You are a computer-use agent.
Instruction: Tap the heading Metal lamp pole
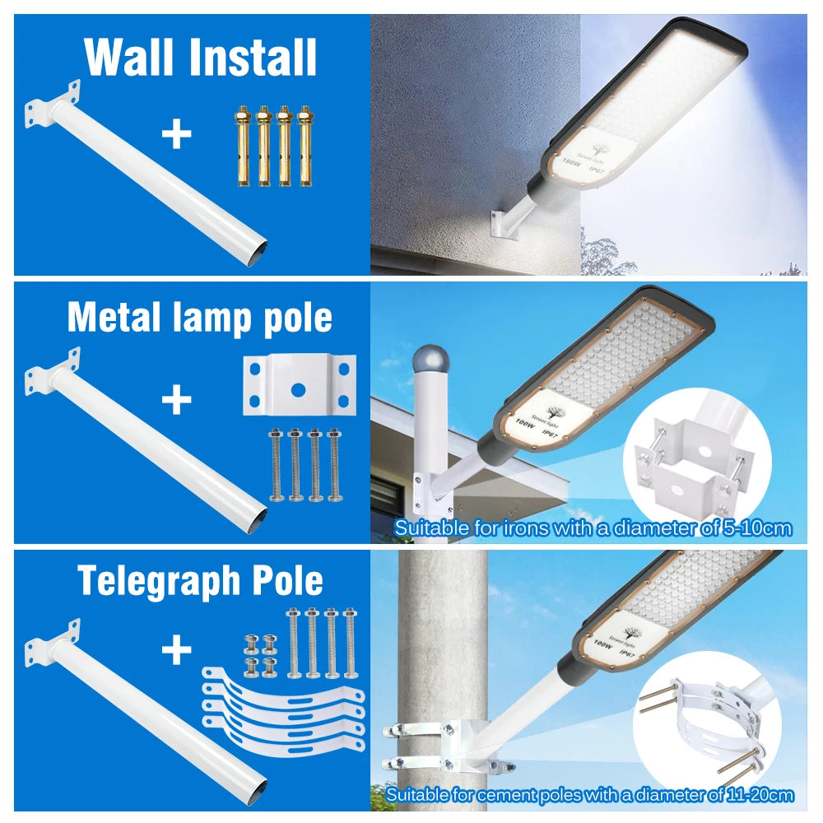pyautogui.click(x=200, y=318)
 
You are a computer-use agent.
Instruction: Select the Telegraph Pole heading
pyautogui.click(x=200, y=581)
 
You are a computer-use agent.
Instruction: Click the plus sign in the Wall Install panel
pyautogui.click(x=176, y=134)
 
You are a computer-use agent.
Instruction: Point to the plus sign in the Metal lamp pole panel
pyautogui.click(x=176, y=401)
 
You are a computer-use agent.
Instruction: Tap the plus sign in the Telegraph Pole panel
pyautogui.click(x=176, y=651)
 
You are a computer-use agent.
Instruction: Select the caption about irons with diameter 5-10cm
pyautogui.click(x=593, y=528)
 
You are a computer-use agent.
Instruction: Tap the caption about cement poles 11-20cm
pyautogui.click(x=589, y=794)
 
